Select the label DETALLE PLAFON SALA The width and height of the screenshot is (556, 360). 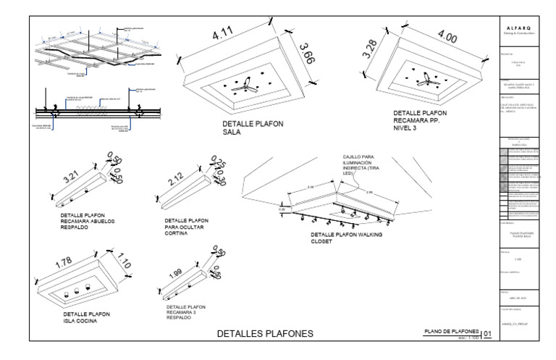253,127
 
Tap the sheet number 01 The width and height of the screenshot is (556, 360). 487,334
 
